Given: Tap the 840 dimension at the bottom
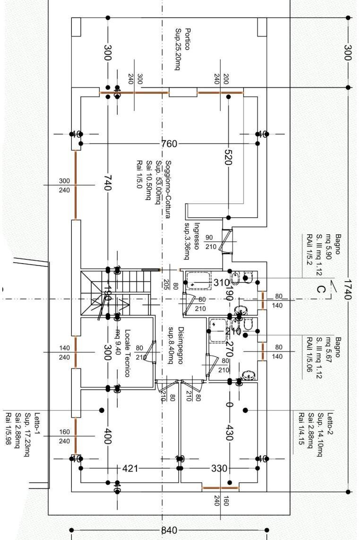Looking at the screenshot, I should click(169, 530).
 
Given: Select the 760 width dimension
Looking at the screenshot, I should click(169, 144).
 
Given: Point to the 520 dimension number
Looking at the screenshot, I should click(228, 157).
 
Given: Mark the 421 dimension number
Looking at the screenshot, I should click(130, 469).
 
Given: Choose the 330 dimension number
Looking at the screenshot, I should click(219, 469).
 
